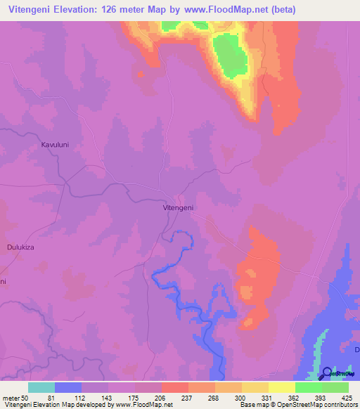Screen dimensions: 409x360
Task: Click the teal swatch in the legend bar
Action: [x=41, y=387]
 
